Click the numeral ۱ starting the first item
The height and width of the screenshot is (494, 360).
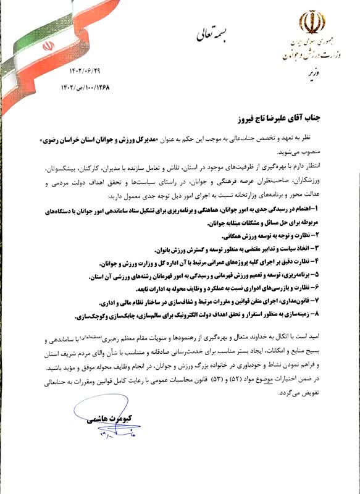(x=333, y=211)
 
